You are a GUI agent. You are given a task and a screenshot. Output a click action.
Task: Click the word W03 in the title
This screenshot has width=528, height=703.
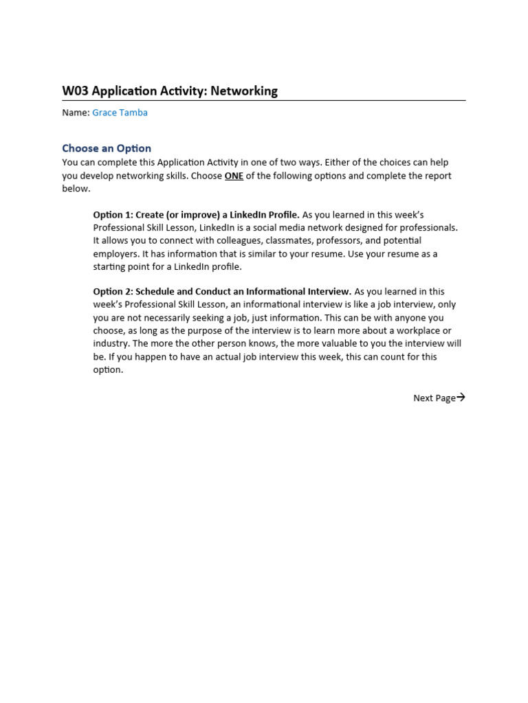(x=75, y=91)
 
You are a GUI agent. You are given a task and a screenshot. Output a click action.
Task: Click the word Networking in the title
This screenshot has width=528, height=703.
(x=244, y=91)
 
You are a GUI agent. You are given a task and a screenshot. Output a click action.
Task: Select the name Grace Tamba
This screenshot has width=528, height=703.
(x=120, y=113)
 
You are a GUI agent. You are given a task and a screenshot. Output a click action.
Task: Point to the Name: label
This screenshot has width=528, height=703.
(x=76, y=113)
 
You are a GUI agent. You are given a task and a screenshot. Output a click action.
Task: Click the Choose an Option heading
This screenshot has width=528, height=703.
(x=107, y=148)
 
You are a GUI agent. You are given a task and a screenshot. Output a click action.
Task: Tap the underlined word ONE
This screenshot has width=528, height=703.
(x=234, y=176)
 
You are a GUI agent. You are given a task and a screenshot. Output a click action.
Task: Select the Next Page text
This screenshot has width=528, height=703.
(x=434, y=398)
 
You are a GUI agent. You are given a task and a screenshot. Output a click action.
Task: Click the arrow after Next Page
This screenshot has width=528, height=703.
(x=461, y=397)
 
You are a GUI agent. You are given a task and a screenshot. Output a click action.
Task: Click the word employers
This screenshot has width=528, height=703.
(x=115, y=254)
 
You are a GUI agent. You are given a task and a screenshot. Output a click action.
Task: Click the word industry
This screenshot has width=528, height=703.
(x=111, y=343)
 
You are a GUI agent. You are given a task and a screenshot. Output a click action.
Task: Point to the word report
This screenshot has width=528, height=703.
(x=434, y=176)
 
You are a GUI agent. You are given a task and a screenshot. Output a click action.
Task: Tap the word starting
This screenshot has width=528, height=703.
(x=110, y=267)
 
